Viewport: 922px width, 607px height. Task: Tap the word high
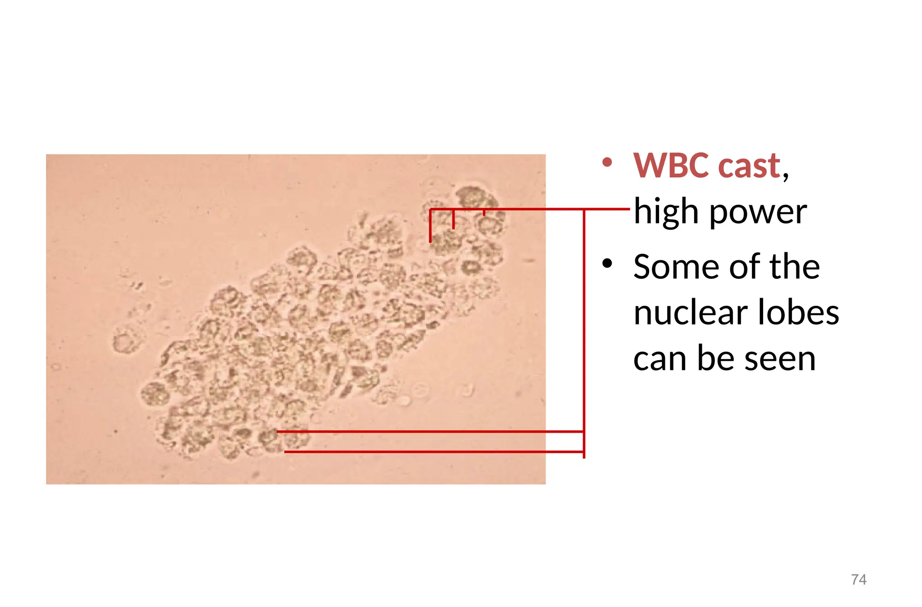pyautogui.click(x=667, y=211)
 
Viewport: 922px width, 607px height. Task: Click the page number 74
pyautogui.click(x=859, y=579)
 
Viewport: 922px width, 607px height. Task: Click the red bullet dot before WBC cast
pyautogui.click(x=607, y=162)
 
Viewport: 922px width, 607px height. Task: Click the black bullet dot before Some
pyautogui.click(x=607, y=263)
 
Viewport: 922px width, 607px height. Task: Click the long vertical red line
pyautogui.click(x=584, y=333)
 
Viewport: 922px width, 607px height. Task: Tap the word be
pyautogui.click(x=715, y=358)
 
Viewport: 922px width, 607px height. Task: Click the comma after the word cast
pyautogui.click(x=786, y=174)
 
